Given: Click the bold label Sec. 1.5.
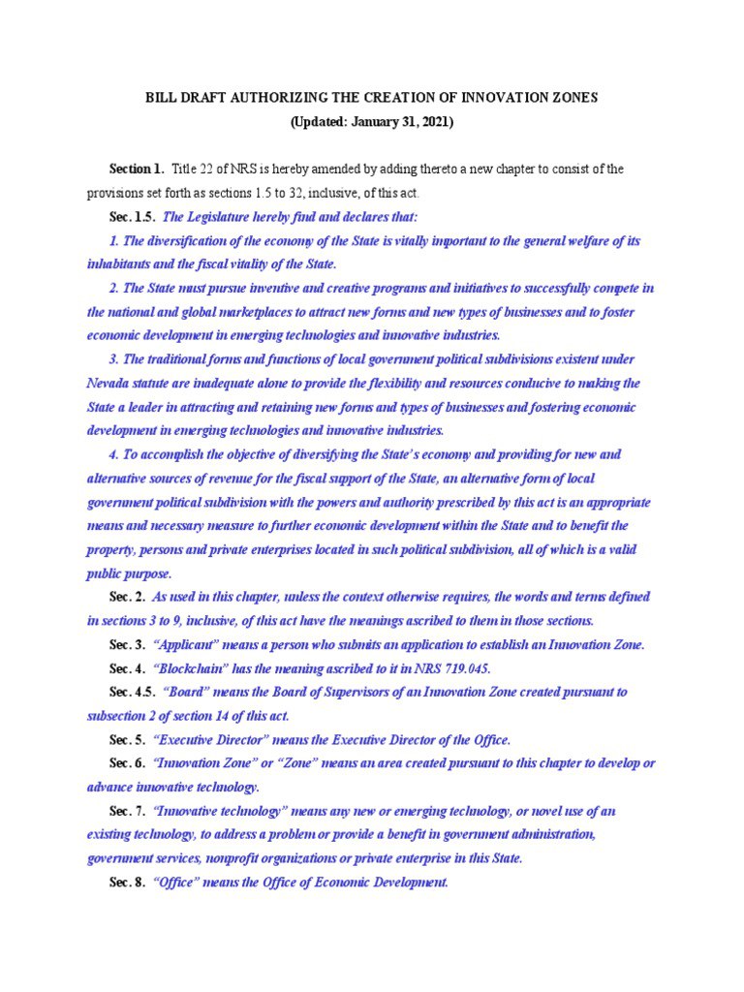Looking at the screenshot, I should [x=132, y=217].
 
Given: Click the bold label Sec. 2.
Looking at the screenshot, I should [x=127, y=597].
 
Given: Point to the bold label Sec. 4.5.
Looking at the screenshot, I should [x=132, y=692].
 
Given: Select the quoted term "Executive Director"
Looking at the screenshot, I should [x=219, y=739].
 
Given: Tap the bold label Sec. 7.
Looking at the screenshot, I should [x=127, y=811].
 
